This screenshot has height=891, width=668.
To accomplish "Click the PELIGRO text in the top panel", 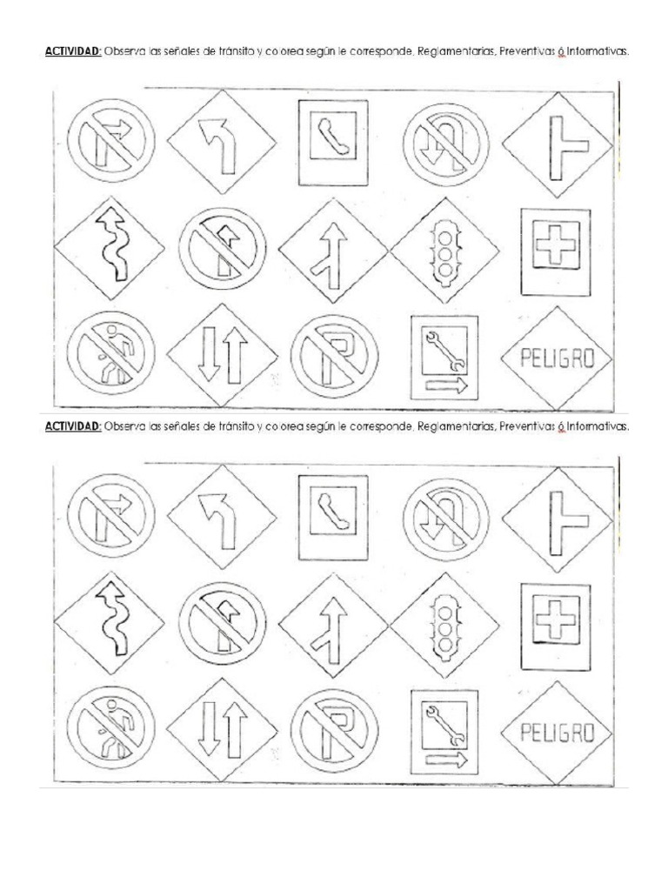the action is click(x=558, y=358).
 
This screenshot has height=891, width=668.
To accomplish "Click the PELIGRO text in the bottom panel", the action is click(x=558, y=733).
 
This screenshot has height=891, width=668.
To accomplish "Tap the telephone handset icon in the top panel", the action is click(x=333, y=137).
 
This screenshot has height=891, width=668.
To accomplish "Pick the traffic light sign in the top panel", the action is click(x=444, y=250).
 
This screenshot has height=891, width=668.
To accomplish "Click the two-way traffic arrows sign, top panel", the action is click(x=222, y=356).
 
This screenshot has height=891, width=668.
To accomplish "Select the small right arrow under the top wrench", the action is click(x=446, y=385).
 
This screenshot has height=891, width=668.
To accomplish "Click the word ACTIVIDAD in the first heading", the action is click(x=73, y=51).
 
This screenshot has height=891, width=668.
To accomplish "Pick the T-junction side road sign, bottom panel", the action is click(x=558, y=520).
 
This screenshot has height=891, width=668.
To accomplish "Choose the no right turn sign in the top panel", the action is click(x=110, y=141).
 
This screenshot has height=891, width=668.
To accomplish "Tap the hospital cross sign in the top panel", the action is click(x=556, y=251).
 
